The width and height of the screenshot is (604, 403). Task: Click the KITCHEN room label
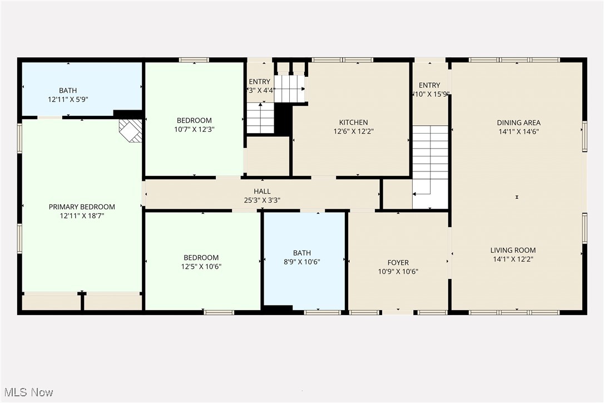[353, 122]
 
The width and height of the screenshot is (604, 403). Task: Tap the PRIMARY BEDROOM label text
[82, 207]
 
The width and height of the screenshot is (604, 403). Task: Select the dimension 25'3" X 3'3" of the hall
[262, 200]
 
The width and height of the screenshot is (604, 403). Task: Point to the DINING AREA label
[518, 122]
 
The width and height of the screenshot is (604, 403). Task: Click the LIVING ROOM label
[513, 250]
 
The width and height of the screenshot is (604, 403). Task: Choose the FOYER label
[398, 263]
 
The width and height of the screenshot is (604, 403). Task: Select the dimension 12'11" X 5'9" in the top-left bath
[68, 99]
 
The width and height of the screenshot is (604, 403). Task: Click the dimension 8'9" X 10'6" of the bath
[302, 262]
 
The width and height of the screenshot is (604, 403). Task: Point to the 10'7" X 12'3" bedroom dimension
[194, 129]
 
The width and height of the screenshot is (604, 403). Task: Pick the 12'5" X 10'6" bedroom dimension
[201, 266]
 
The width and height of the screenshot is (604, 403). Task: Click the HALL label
[262, 191]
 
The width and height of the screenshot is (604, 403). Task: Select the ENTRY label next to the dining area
[429, 85]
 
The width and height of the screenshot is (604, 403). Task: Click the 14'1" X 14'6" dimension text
[518, 131]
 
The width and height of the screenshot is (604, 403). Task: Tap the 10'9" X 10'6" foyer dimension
[398, 272]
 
